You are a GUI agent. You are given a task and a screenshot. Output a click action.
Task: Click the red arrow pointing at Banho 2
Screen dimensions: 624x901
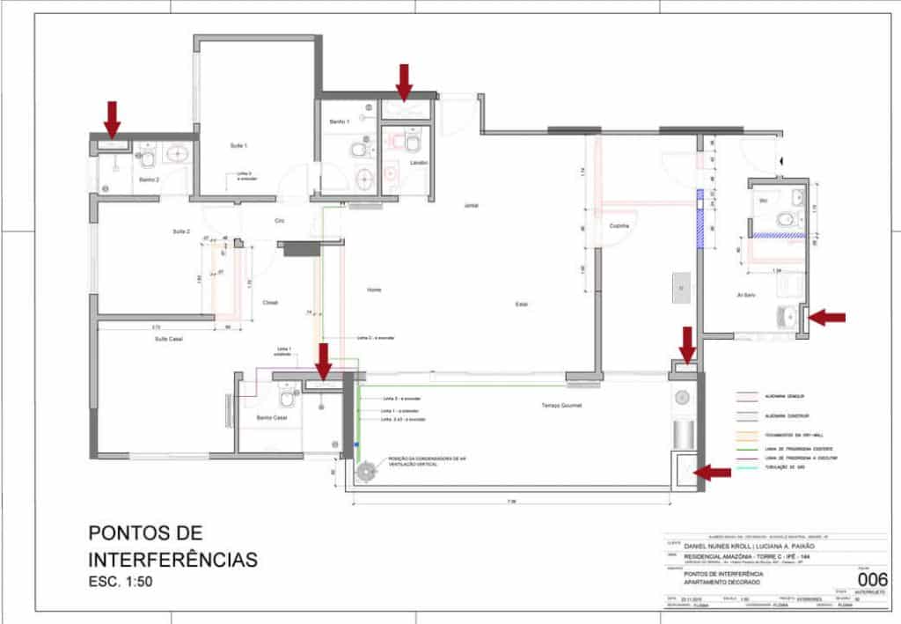[112, 116]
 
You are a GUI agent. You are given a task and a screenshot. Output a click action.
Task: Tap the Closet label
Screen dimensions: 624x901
[270, 302]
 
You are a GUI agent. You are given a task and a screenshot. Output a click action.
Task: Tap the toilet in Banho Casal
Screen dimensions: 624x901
[285, 399]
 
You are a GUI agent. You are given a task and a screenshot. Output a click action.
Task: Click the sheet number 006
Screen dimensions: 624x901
[871, 579]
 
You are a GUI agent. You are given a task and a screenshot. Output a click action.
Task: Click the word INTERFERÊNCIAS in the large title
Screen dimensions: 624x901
[172, 559]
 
